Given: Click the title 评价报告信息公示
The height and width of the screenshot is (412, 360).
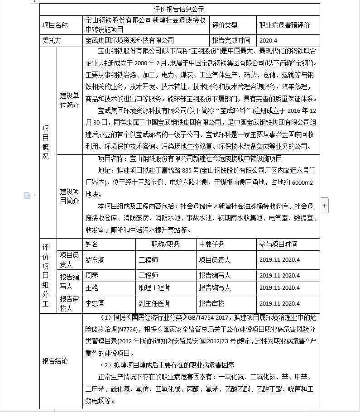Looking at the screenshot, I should [x=179, y=9].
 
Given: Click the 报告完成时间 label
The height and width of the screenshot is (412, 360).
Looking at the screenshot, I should [x=231, y=40].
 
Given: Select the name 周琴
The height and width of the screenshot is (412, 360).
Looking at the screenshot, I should [x=92, y=275].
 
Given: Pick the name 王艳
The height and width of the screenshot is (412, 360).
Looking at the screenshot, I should [x=92, y=287].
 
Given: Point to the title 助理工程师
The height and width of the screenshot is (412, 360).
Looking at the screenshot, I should [x=154, y=287].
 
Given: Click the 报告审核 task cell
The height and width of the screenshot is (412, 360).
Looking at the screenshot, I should [x=211, y=303].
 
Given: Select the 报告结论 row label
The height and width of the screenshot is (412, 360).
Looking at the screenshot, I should [x=54, y=361].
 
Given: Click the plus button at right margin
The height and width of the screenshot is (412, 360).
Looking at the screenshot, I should [x=324, y=206].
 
